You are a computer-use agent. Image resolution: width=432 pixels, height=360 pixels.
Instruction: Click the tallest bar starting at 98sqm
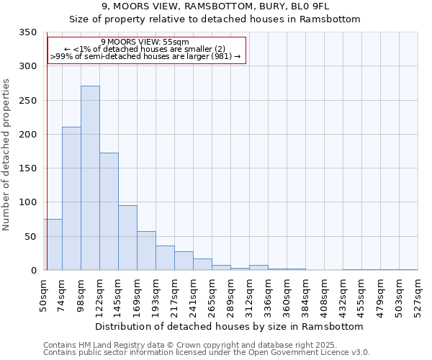tap(90, 178)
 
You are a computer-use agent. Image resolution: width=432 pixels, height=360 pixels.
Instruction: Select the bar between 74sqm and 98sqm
tap(71, 199)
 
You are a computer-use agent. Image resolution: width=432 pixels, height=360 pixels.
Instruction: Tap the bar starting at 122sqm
tap(109, 212)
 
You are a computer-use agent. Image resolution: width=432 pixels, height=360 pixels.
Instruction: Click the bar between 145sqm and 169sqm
tap(127, 238)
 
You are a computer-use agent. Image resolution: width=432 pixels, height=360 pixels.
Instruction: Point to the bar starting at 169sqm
tap(146, 251)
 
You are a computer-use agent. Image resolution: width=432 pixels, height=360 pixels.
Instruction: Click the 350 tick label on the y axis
tap(27, 32)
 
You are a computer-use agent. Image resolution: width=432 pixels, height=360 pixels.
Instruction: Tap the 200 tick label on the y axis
tap(27, 135)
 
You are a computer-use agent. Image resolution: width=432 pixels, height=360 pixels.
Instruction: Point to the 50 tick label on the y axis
tap(30, 237)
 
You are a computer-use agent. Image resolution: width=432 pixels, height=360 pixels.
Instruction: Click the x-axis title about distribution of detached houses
tap(230, 326)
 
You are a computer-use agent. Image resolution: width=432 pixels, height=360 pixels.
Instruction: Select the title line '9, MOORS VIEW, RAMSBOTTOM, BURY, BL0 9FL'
tap(215, 6)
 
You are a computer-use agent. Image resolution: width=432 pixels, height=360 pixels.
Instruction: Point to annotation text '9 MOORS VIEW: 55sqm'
tap(145, 42)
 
